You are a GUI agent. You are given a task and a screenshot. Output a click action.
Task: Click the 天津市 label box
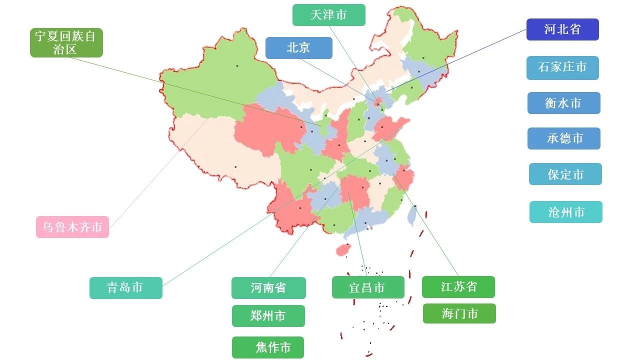pyautogui.click(x=328, y=15)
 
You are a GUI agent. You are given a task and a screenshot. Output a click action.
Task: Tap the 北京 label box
pyautogui.click(x=298, y=48)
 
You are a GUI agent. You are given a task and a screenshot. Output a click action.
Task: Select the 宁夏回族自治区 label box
pyautogui.click(x=66, y=42)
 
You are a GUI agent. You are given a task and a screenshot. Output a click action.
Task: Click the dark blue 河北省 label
pyautogui.click(x=562, y=29)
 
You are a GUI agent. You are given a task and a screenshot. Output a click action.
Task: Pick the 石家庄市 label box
pyautogui.click(x=562, y=67)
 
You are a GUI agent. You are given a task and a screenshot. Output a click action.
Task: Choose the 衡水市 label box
pyautogui.click(x=563, y=103)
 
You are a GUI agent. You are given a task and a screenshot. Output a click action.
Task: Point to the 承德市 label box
pyautogui.click(x=563, y=138)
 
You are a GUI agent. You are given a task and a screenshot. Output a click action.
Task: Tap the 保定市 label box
pyautogui.click(x=565, y=174)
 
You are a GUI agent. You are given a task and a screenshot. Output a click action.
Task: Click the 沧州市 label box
pyautogui.click(x=565, y=212)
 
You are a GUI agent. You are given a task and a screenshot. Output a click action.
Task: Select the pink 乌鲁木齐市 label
pyautogui.click(x=72, y=227)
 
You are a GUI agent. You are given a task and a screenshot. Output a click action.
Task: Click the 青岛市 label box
pyautogui.click(x=125, y=288)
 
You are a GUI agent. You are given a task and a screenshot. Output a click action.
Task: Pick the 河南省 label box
pyautogui.click(x=268, y=288)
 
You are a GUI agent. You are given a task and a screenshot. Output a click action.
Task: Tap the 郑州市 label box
pyautogui.click(x=268, y=316)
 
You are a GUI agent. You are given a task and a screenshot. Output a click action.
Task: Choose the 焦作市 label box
pyautogui.click(x=268, y=347)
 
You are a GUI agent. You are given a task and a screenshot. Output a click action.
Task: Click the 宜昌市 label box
pyautogui.click(x=367, y=287)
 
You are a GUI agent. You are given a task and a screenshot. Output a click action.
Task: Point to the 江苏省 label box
pyautogui.click(x=458, y=287)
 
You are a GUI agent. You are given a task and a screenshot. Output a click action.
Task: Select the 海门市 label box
pyautogui.click(x=459, y=313)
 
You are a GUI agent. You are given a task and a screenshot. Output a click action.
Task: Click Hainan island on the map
pyautogui.click(x=342, y=249)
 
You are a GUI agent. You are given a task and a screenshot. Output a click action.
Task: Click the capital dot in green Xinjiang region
pyautogui.click(x=237, y=65)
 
